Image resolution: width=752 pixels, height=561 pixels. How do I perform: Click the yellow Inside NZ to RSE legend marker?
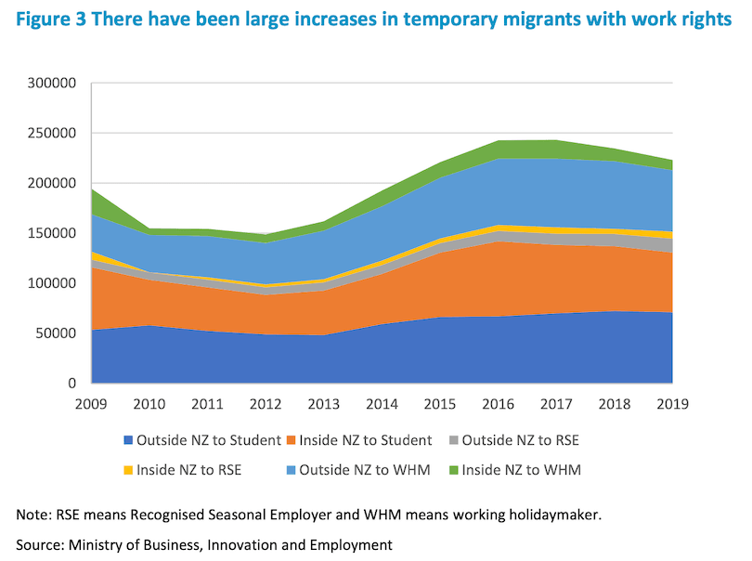129,470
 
